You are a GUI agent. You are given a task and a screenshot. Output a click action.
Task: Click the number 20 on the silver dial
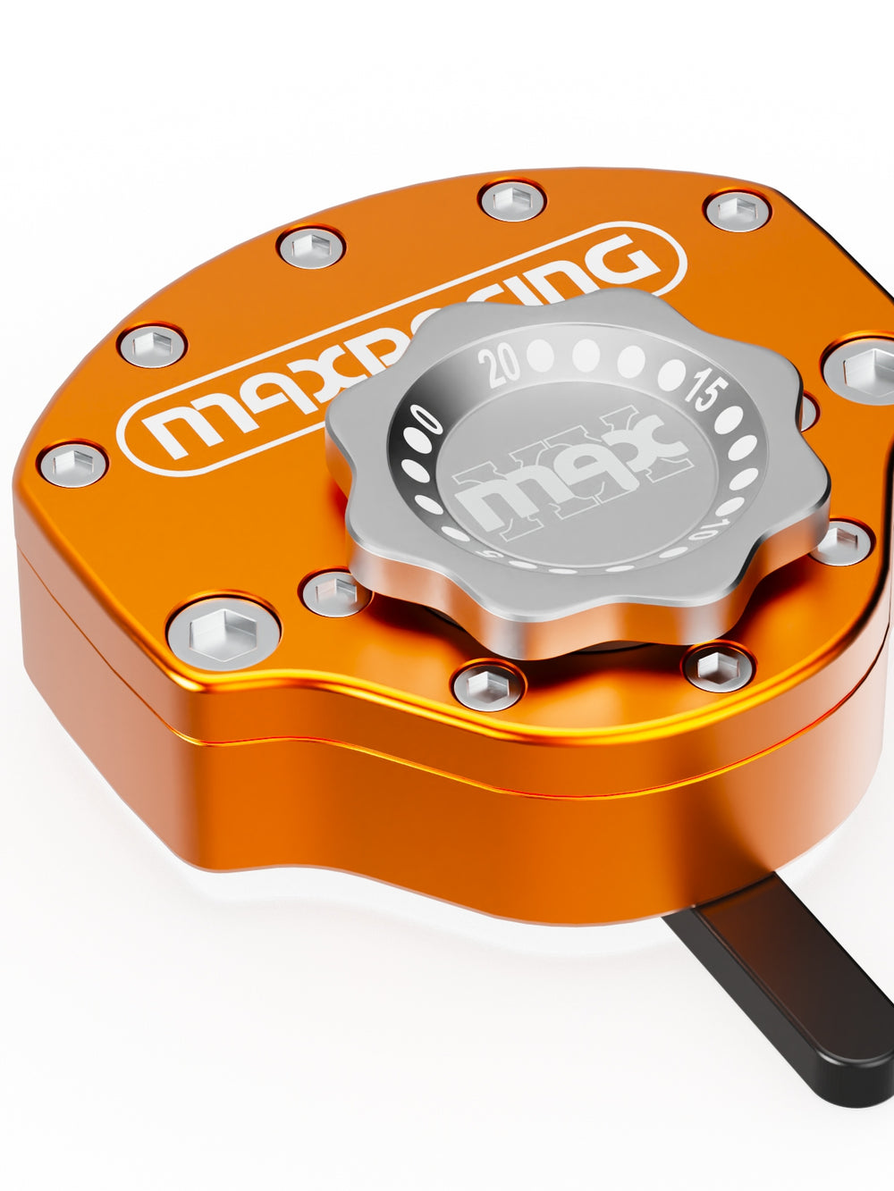click(x=499, y=365)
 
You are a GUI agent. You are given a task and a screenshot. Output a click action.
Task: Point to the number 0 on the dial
click(x=426, y=417)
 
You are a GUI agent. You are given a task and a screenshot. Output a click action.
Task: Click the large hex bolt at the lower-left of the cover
click(x=223, y=633)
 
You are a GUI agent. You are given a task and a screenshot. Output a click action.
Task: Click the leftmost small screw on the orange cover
click(x=73, y=464)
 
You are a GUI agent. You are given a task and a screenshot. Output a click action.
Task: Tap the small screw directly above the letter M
click(x=152, y=345)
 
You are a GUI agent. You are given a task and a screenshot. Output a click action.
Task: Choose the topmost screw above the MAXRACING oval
click(x=513, y=198)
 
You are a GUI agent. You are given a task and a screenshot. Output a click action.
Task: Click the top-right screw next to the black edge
click(x=738, y=210)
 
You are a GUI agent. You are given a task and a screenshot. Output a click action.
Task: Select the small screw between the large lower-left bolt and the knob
click(x=335, y=592)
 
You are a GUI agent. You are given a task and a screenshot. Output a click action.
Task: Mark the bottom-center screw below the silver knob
click(x=488, y=686)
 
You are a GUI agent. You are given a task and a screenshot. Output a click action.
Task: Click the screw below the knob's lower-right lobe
click(x=718, y=666)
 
